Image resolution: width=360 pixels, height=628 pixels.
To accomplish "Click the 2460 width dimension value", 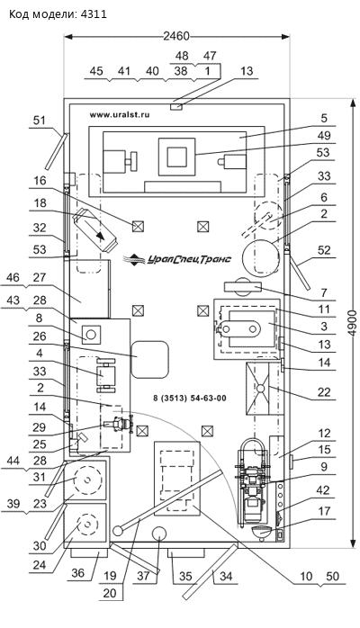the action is (x=176, y=36).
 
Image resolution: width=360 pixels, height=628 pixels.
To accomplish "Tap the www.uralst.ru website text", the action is (x=120, y=114).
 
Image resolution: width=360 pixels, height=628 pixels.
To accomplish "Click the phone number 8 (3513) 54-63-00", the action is (x=190, y=398).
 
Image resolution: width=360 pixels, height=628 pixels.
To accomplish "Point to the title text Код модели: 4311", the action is (x=58, y=14).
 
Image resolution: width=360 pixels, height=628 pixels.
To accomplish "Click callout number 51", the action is (x=40, y=121).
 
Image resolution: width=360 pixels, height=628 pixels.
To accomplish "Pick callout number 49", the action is (x=324, y=135).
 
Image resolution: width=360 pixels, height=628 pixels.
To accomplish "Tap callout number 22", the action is (x=324, y=391).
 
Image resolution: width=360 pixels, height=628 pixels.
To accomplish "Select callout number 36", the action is (x=77, y=573).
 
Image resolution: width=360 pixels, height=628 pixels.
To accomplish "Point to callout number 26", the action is (x=40, y=336).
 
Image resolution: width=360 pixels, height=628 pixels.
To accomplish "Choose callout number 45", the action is (x=96, y=71).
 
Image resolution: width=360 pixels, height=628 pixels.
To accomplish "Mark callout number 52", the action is (x=324, y=250).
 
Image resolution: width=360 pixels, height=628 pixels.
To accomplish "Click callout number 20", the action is (x=110, y=593).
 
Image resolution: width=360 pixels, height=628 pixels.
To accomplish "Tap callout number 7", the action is (x=324, y=292).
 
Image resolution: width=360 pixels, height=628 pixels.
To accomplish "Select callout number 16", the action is (x=40, y=181).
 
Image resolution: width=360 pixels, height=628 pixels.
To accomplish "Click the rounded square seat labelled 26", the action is (x=150, y=359).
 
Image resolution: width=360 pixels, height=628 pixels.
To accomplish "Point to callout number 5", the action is (x=324, y=118).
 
